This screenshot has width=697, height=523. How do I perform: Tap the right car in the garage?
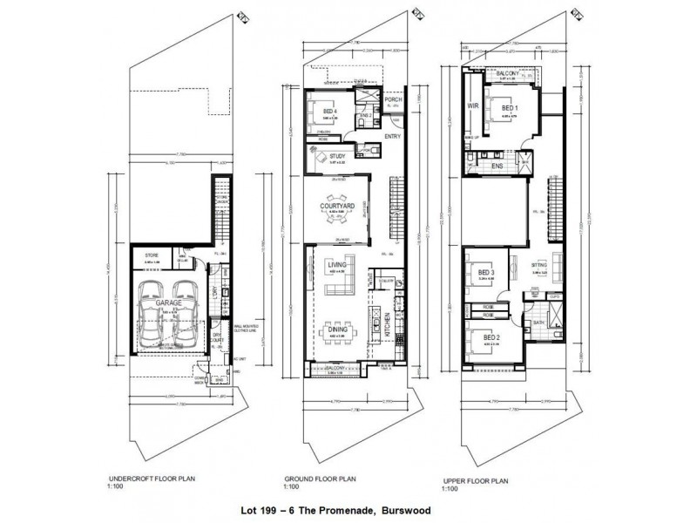(x=184, y=309)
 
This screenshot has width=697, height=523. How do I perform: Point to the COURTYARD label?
(x=335, y=206)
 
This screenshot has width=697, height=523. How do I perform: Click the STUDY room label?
(x=338, y=157)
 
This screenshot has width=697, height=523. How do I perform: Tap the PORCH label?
(x=390, y=98)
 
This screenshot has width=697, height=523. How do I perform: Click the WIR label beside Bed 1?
(x=474, y=107)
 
